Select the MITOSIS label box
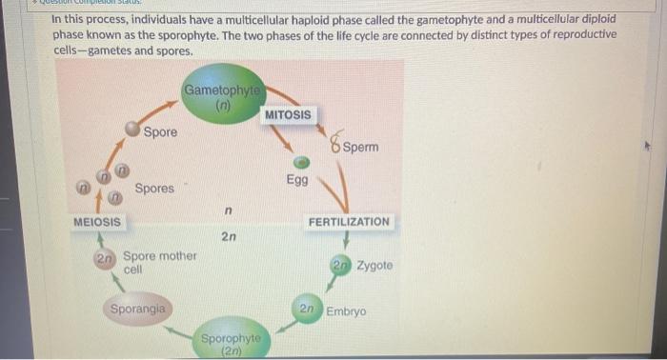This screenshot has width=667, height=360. click(x=288, y=114)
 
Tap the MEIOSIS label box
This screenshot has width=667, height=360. click(x=97, y=221)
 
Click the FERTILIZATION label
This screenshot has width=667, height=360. click(x=348, y=221)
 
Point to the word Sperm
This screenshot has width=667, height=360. click(x=361, y=148)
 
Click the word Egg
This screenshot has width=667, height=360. click(x=296, y=180)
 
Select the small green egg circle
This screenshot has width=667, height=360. click(x=300, y=163)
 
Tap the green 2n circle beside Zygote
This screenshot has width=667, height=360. click(x=341, y=265)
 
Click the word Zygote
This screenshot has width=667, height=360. click(x=374, y=265)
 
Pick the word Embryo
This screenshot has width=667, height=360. click(x=346, y=311)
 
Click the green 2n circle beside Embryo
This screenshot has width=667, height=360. click(x=307, y=310)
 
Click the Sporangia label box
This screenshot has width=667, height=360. click(x=138, y=309)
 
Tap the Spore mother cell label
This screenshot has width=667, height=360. click(x=159, y=262)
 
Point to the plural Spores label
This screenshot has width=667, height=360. click(x=154, y=189)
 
